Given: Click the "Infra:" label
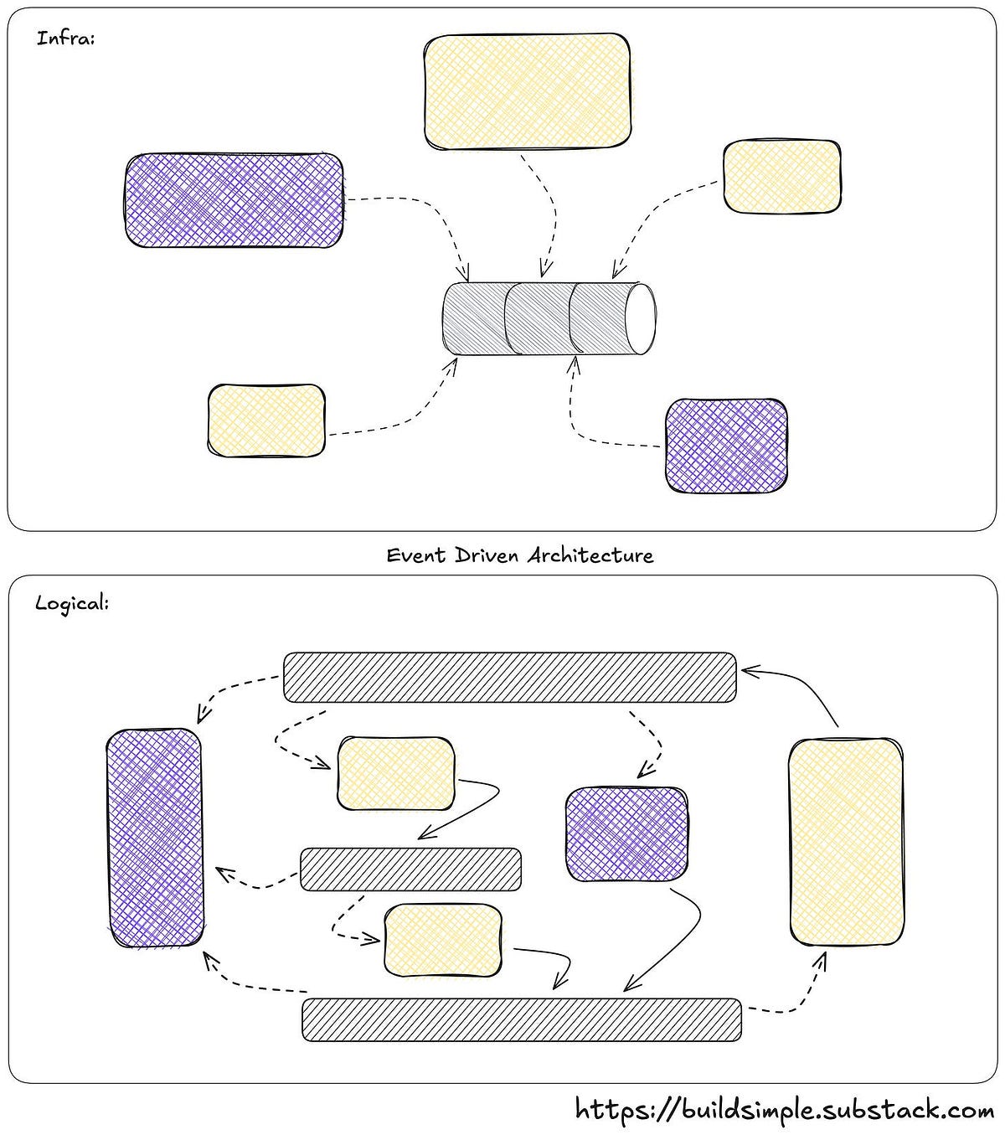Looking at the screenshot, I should (65, 39).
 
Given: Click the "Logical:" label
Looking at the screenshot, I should (72, 603).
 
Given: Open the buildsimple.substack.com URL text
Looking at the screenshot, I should (785, 1110).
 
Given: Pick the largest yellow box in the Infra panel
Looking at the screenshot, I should (527, 92).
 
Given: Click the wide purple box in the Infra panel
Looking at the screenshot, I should (234, 200).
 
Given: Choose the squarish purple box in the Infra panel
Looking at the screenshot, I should (726, 445).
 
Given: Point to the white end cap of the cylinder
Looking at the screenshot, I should (642, 319).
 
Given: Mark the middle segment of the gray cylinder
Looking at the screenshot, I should (538, 319).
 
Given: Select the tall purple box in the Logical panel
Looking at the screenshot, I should (155, 838).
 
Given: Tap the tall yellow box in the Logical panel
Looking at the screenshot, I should (846, 842).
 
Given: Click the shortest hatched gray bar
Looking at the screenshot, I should (410, 869).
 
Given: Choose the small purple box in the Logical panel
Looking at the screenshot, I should (626, 834).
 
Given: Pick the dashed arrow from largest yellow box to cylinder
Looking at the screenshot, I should (549, 209).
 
